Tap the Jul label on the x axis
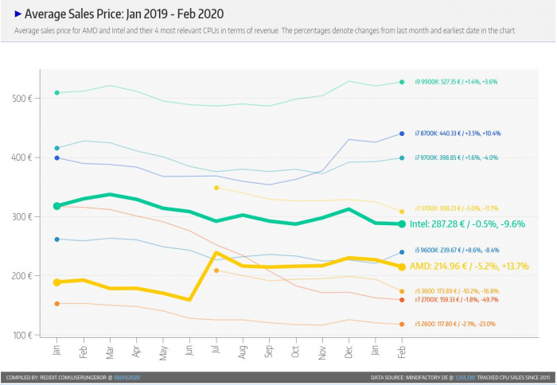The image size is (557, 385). pyautogui.click(x=216, y=350)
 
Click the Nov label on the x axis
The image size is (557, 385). pyautogui.click(x=323, y=350)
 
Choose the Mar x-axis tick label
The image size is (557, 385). pyautogui.click(x=110, y=350)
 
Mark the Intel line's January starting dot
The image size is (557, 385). pyautogui.click(x=56, y=206)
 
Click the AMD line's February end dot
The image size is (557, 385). pyautogui.click(x=402, y=267)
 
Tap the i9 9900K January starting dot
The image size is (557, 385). pyautogui.click(x=56, y=93)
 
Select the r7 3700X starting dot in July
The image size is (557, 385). pyautogui.click(x=216, y=188)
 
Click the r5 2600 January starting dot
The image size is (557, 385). pyautogui.click(x=56, y=303)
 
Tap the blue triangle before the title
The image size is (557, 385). pyautogui.click(x=18, y=14)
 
